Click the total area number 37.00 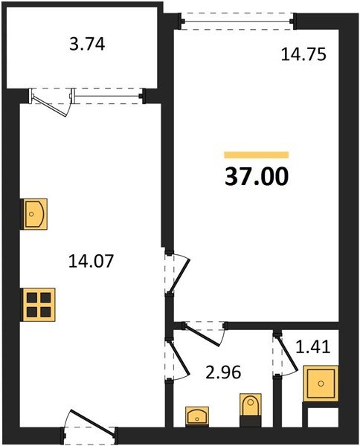pyautogui.click(x=257, y=176)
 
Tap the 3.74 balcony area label pyautogui.click(x=87, y=45)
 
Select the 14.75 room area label pyautogui.click(x=303, y=54)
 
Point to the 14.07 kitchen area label pyautogui.click(x=91, y=261)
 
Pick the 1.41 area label pyautogui.click(x=313, y=347)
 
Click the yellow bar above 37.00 pyautogui.click(x=257, y=155)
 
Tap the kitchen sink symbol pyautogui.click(x=35, y=213)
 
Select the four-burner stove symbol pyautogui.click(x=39, y=305)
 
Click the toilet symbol pyautogui.click(x=251, y=410)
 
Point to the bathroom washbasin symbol pyautogui.click(x=197, y=416)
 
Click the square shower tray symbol pyautogui.click(x=321, y=384)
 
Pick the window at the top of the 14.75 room pyautogui.click(x=238, y=21)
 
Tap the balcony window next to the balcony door pyautogui.click(x=108, y=96)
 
